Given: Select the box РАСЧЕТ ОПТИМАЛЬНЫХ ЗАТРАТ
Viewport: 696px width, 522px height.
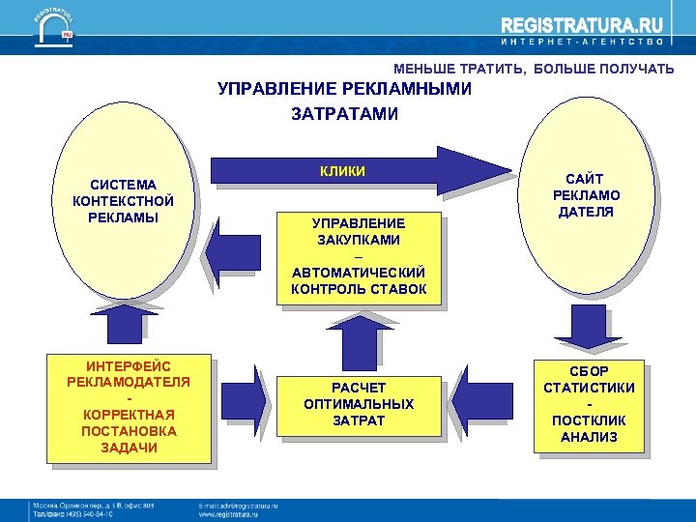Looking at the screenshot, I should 358,404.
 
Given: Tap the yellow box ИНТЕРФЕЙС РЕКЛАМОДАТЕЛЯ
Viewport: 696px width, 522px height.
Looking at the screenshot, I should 129,407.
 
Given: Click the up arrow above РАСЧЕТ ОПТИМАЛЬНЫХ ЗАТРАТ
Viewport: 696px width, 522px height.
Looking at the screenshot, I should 359,341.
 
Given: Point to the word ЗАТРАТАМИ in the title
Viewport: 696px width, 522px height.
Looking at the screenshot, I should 344,114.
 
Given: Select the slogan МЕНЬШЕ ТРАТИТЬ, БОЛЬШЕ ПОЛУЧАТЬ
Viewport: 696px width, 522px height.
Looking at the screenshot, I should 534,69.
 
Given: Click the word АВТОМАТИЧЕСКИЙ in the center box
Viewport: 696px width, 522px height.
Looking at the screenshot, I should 359,274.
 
